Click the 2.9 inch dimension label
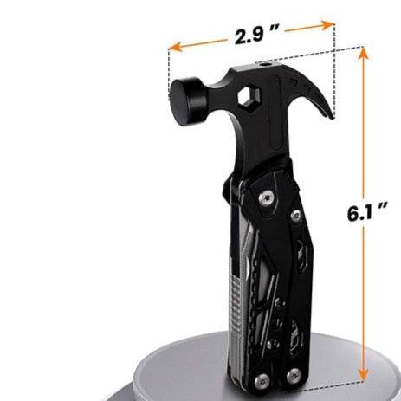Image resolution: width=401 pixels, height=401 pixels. (257, 36)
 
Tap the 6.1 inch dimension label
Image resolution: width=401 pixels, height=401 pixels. (367, 212)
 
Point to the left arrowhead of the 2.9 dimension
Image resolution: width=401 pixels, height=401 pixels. (176, 47)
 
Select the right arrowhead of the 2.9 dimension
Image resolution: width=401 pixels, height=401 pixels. (327, 25)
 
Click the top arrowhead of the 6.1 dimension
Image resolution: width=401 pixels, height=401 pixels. (363, 53)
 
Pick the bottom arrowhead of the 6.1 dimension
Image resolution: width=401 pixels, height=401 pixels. (363, 374)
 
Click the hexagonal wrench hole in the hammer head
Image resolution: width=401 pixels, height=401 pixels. (249, 97)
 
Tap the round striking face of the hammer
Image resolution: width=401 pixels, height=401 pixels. (183, 101)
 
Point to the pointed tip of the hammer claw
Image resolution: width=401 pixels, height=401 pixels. (333, 117)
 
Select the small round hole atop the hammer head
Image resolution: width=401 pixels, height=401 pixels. (265, 65)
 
